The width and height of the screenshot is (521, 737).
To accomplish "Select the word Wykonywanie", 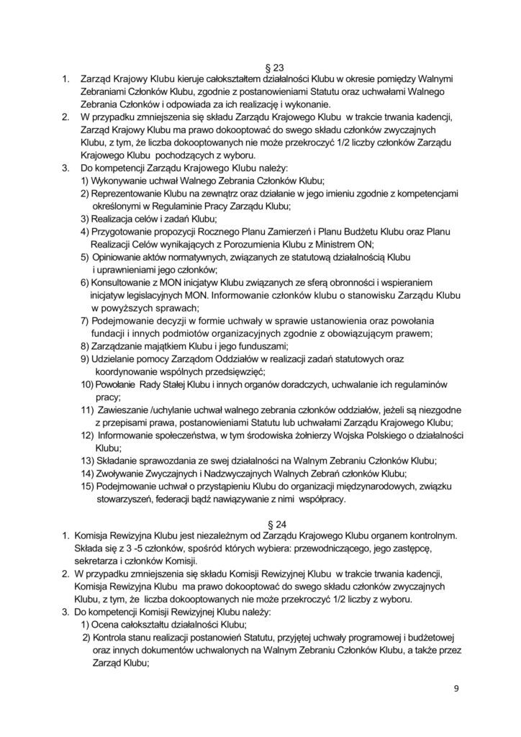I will point(123,179).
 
